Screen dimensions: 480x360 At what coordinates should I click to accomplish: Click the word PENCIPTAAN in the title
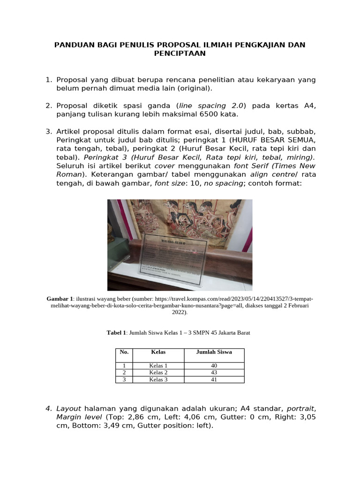(x=180, y=53)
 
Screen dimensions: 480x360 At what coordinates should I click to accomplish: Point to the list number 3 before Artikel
(x=48, y=132)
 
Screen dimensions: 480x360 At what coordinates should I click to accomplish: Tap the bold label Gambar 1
(x=60, y=299)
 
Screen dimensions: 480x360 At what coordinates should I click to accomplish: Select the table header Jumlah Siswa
(x=214, y=352)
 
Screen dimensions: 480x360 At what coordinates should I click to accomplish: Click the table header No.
(x=124, y=352)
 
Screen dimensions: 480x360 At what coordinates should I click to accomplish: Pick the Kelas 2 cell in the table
(x=158, y=373)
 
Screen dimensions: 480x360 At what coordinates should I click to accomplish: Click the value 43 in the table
(x=214, y=373)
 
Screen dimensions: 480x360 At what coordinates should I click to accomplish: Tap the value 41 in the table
(x=214, y=380)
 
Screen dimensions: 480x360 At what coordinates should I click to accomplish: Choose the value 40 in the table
(x=214, y=366)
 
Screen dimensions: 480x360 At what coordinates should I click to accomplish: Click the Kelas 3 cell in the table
(x=158, y=380)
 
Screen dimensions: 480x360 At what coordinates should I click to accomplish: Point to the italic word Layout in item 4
(x=68, y=409)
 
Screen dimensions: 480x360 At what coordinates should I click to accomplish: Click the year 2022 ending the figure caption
(x=179, y=312)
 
